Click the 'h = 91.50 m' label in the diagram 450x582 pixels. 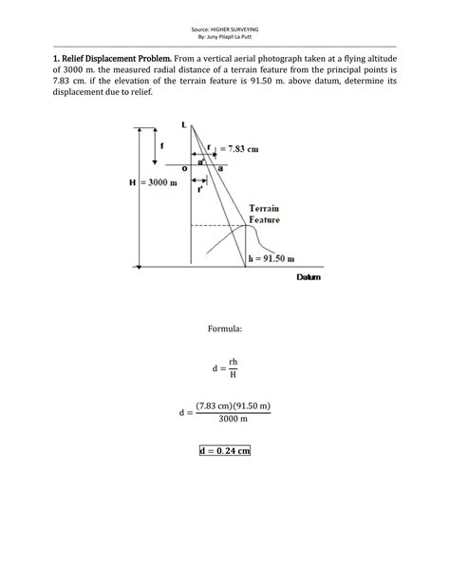tap(271, 257)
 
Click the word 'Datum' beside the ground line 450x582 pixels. tap(309, 278)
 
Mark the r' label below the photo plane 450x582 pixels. tap(200, 190)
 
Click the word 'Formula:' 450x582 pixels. tap(225, 329)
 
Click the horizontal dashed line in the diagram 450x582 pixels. tap(214, 226)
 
